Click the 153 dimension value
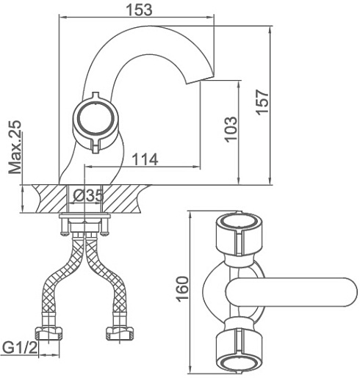point(139,10)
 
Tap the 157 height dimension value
point(262,102)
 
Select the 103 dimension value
point(231,129)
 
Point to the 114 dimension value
point(145,159)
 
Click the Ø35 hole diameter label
point(88,195)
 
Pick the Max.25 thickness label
point(15,147)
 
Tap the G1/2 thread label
point(20,348)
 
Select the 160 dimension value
point(183,289)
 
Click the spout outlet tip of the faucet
point(201,80)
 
